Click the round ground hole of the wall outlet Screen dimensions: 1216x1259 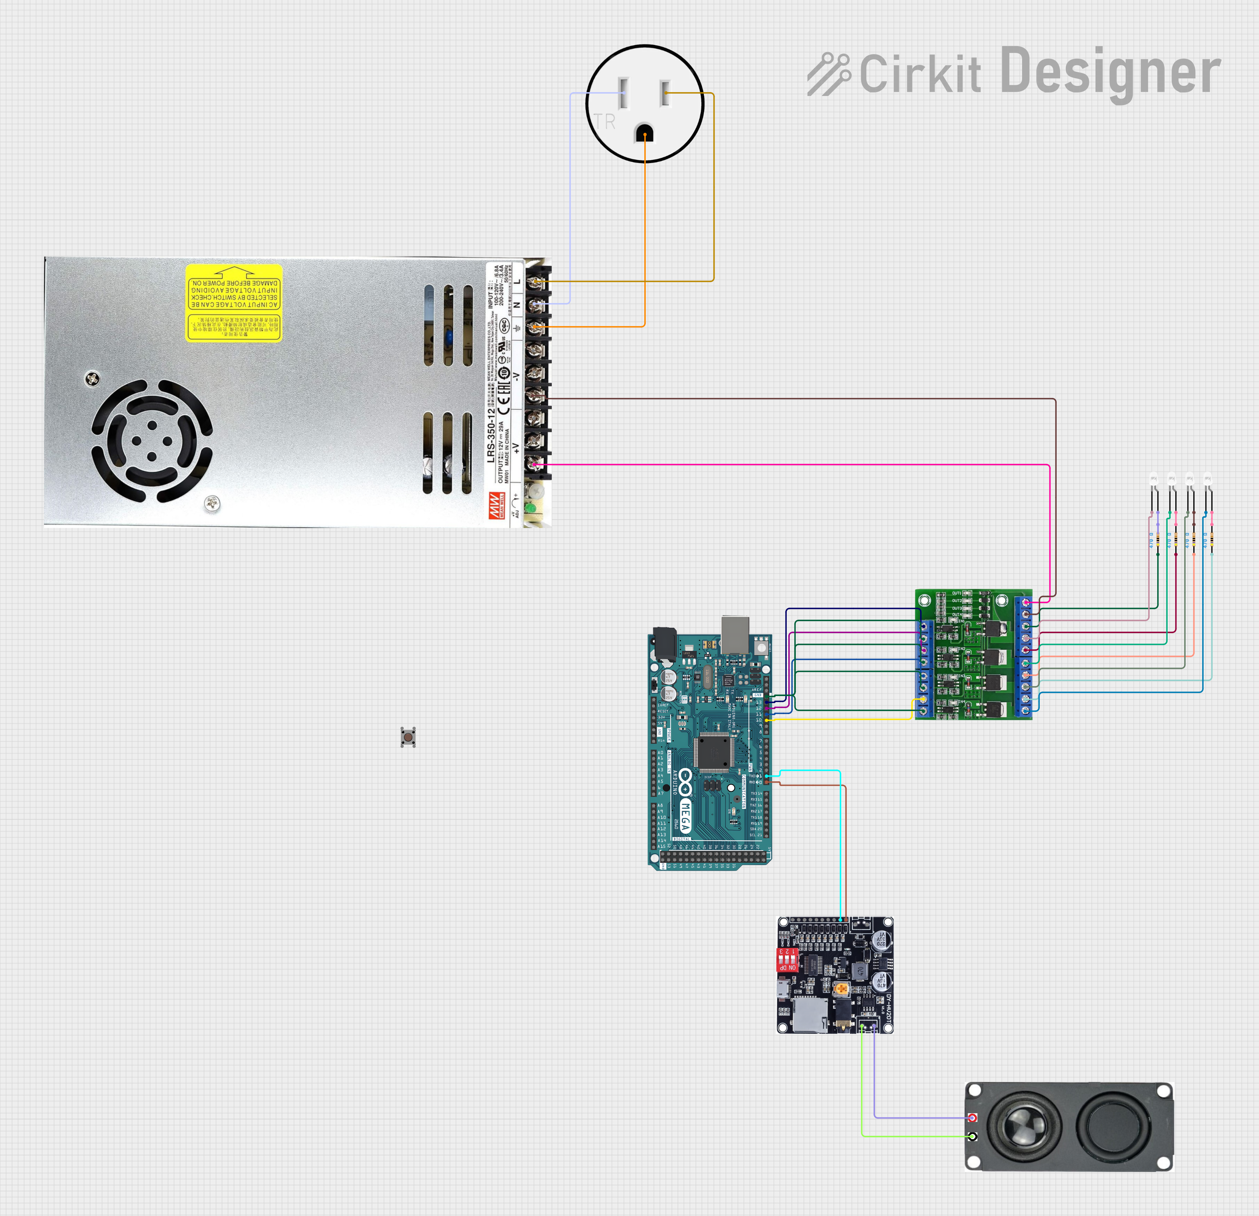(x=644, y=134)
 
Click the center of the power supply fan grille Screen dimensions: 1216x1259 (x=152, y=441)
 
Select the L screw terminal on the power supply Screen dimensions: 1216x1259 (x=535, y=281)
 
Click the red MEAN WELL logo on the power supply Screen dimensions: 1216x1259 (x=495, y=505)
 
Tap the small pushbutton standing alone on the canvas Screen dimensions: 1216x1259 (x=408, y=737)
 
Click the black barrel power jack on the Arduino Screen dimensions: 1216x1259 (x=663, y=643)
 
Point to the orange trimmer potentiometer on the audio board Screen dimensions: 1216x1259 (x=840, y=989)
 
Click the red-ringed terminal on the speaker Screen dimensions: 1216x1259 (x=973, y=1118)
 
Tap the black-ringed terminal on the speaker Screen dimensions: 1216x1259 (x=973, y=1137)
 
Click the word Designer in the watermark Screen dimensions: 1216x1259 (x=1110, y=72)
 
